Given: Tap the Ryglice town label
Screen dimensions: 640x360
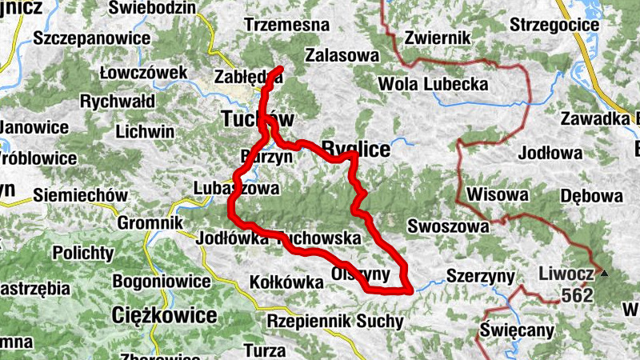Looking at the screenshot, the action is click(x=355, y=149).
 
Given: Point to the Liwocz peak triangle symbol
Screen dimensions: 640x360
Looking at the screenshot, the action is click(x=606, y=274).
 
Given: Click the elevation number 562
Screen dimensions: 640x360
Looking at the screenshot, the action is click(x=576, y=296).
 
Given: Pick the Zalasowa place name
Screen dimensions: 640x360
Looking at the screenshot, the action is click(x=341, y=55).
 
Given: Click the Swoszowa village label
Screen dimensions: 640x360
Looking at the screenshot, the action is click(x=448, y=226).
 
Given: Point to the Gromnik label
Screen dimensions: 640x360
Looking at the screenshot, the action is click(x=150, y=222).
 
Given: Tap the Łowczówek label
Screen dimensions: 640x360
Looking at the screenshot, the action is click(x=144, y=73).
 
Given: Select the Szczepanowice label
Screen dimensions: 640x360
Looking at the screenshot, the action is click(x=93, y=38).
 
